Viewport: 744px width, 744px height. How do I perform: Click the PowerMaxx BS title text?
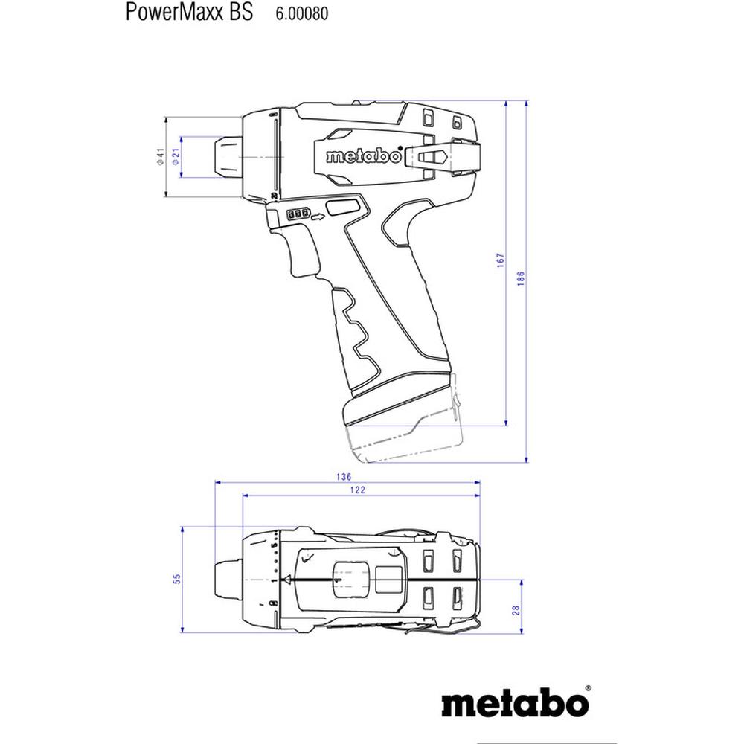[188, 13]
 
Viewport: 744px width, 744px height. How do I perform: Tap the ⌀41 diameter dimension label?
[159, 156]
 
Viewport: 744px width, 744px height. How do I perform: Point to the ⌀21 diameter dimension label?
[176, 156]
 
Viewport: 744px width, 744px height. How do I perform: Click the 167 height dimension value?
[501, 260]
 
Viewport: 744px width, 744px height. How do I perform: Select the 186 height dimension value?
[521, 278]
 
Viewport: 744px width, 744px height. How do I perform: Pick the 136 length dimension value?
[343, 477]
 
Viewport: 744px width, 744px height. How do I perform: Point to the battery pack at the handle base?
[402, 432]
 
